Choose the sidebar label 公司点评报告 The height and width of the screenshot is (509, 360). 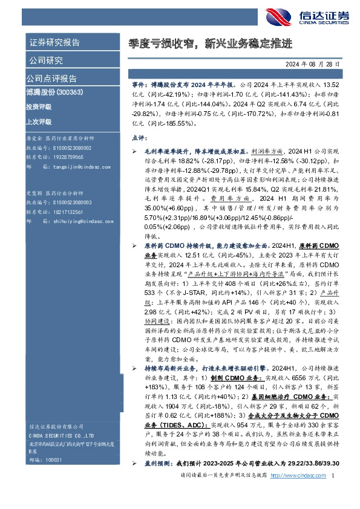[51, 79]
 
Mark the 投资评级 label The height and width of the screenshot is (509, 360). [39, 106]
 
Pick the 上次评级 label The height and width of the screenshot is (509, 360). [39, 120]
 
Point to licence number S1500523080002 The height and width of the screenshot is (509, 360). [70, 147]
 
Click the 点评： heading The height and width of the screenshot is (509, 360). [140, 138]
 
